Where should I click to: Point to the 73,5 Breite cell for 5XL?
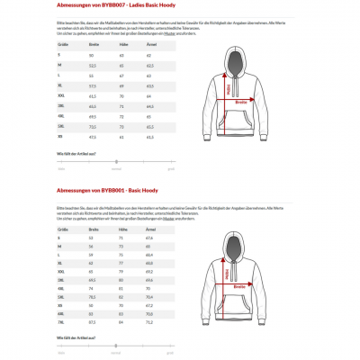click(x=93, y=127)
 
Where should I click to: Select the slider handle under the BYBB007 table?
click(x=116, y=164)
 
